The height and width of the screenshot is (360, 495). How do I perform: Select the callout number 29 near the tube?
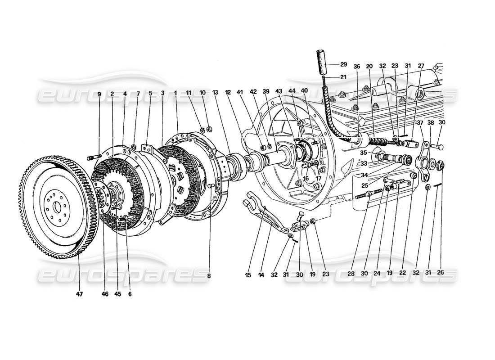coord(343,64)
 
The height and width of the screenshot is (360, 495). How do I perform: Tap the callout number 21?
coord(343,77)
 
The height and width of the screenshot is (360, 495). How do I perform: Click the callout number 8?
coord(209,275)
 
